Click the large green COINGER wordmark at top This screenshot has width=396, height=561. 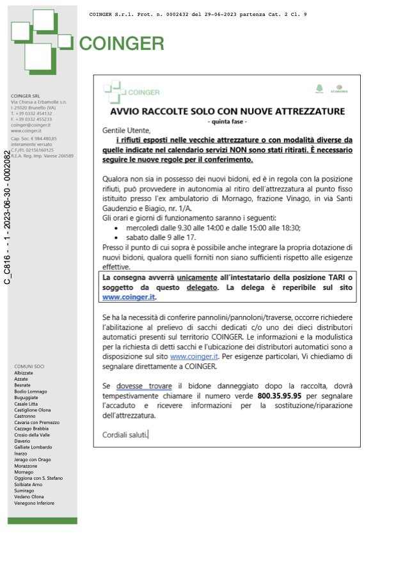tap(122, 43)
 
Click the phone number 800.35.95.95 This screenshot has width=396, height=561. tap(279, 396)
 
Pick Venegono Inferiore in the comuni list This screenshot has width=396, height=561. tap(34, 503)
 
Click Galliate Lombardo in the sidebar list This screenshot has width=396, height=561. tap(33, 447)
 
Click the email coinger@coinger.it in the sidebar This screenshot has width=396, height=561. tap(30, 125)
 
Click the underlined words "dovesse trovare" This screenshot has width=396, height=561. tap(144, 386)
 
